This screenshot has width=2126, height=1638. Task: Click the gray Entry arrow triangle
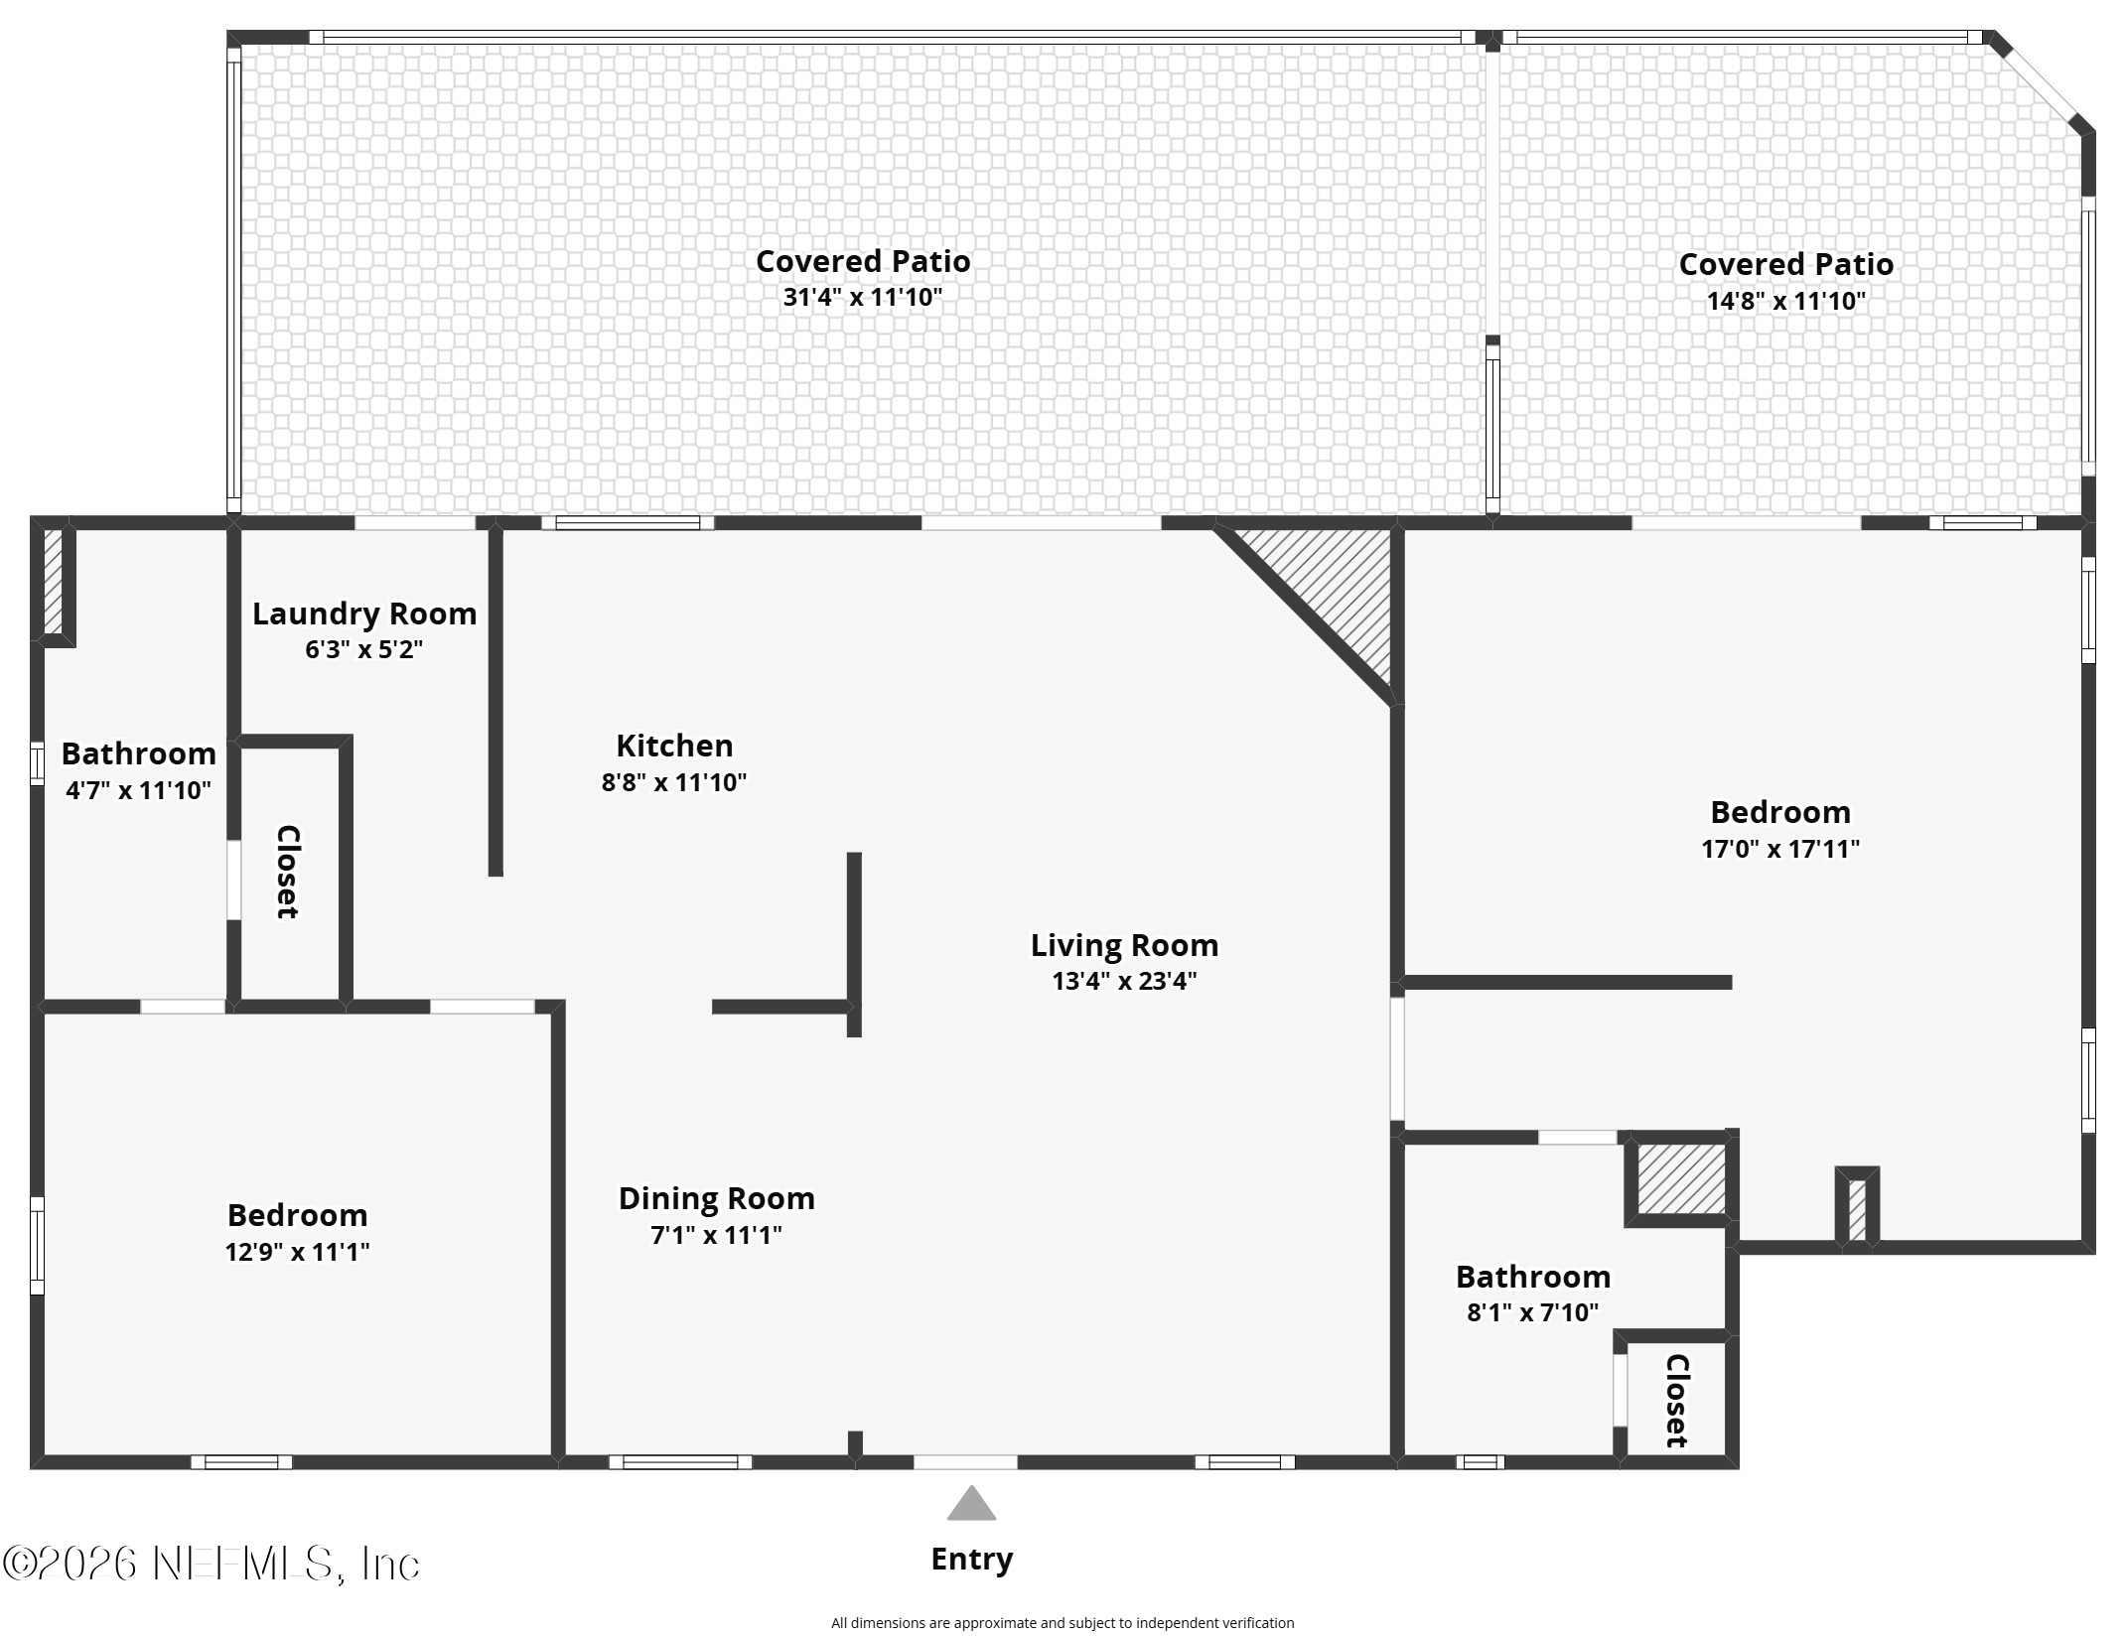click(x=971, y=1504)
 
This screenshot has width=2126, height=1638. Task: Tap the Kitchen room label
click(x=674, y=746)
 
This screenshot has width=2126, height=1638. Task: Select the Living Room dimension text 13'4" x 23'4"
click(x=1124, y=981)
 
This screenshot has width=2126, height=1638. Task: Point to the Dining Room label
click(x=717, y=1199)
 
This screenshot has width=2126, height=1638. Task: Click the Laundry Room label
click(x=364, y=614)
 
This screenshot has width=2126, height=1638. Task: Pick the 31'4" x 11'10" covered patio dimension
click(x=862, y=297)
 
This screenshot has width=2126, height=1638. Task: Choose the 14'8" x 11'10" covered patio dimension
click(x=1786, y=301)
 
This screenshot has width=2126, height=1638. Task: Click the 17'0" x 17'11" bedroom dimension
click(x=1780, y=849)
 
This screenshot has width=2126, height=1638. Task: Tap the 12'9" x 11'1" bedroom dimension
click(x=297, y=1252)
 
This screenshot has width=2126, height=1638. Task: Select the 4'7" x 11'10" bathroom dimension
click(x=139, y=790)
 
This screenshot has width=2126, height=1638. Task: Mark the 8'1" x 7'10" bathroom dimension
click(x=1533, y=1312)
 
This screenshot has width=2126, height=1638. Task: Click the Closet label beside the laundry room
click(x=287, y=872)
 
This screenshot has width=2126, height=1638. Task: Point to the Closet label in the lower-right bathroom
click(x=1676, y=1401)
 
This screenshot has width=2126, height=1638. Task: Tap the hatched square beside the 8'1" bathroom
click(x=1681, y=1178)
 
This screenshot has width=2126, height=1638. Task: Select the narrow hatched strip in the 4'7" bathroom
click(x=54, y=581)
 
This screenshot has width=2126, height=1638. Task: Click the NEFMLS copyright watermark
click(x=212, y=1564)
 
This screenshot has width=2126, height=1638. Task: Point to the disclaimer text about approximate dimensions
click(x=1063, y=1623)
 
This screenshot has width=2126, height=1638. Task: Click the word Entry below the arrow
click(x=971, y=1560)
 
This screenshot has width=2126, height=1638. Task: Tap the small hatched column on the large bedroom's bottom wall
click(x=1857, y=1208)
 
